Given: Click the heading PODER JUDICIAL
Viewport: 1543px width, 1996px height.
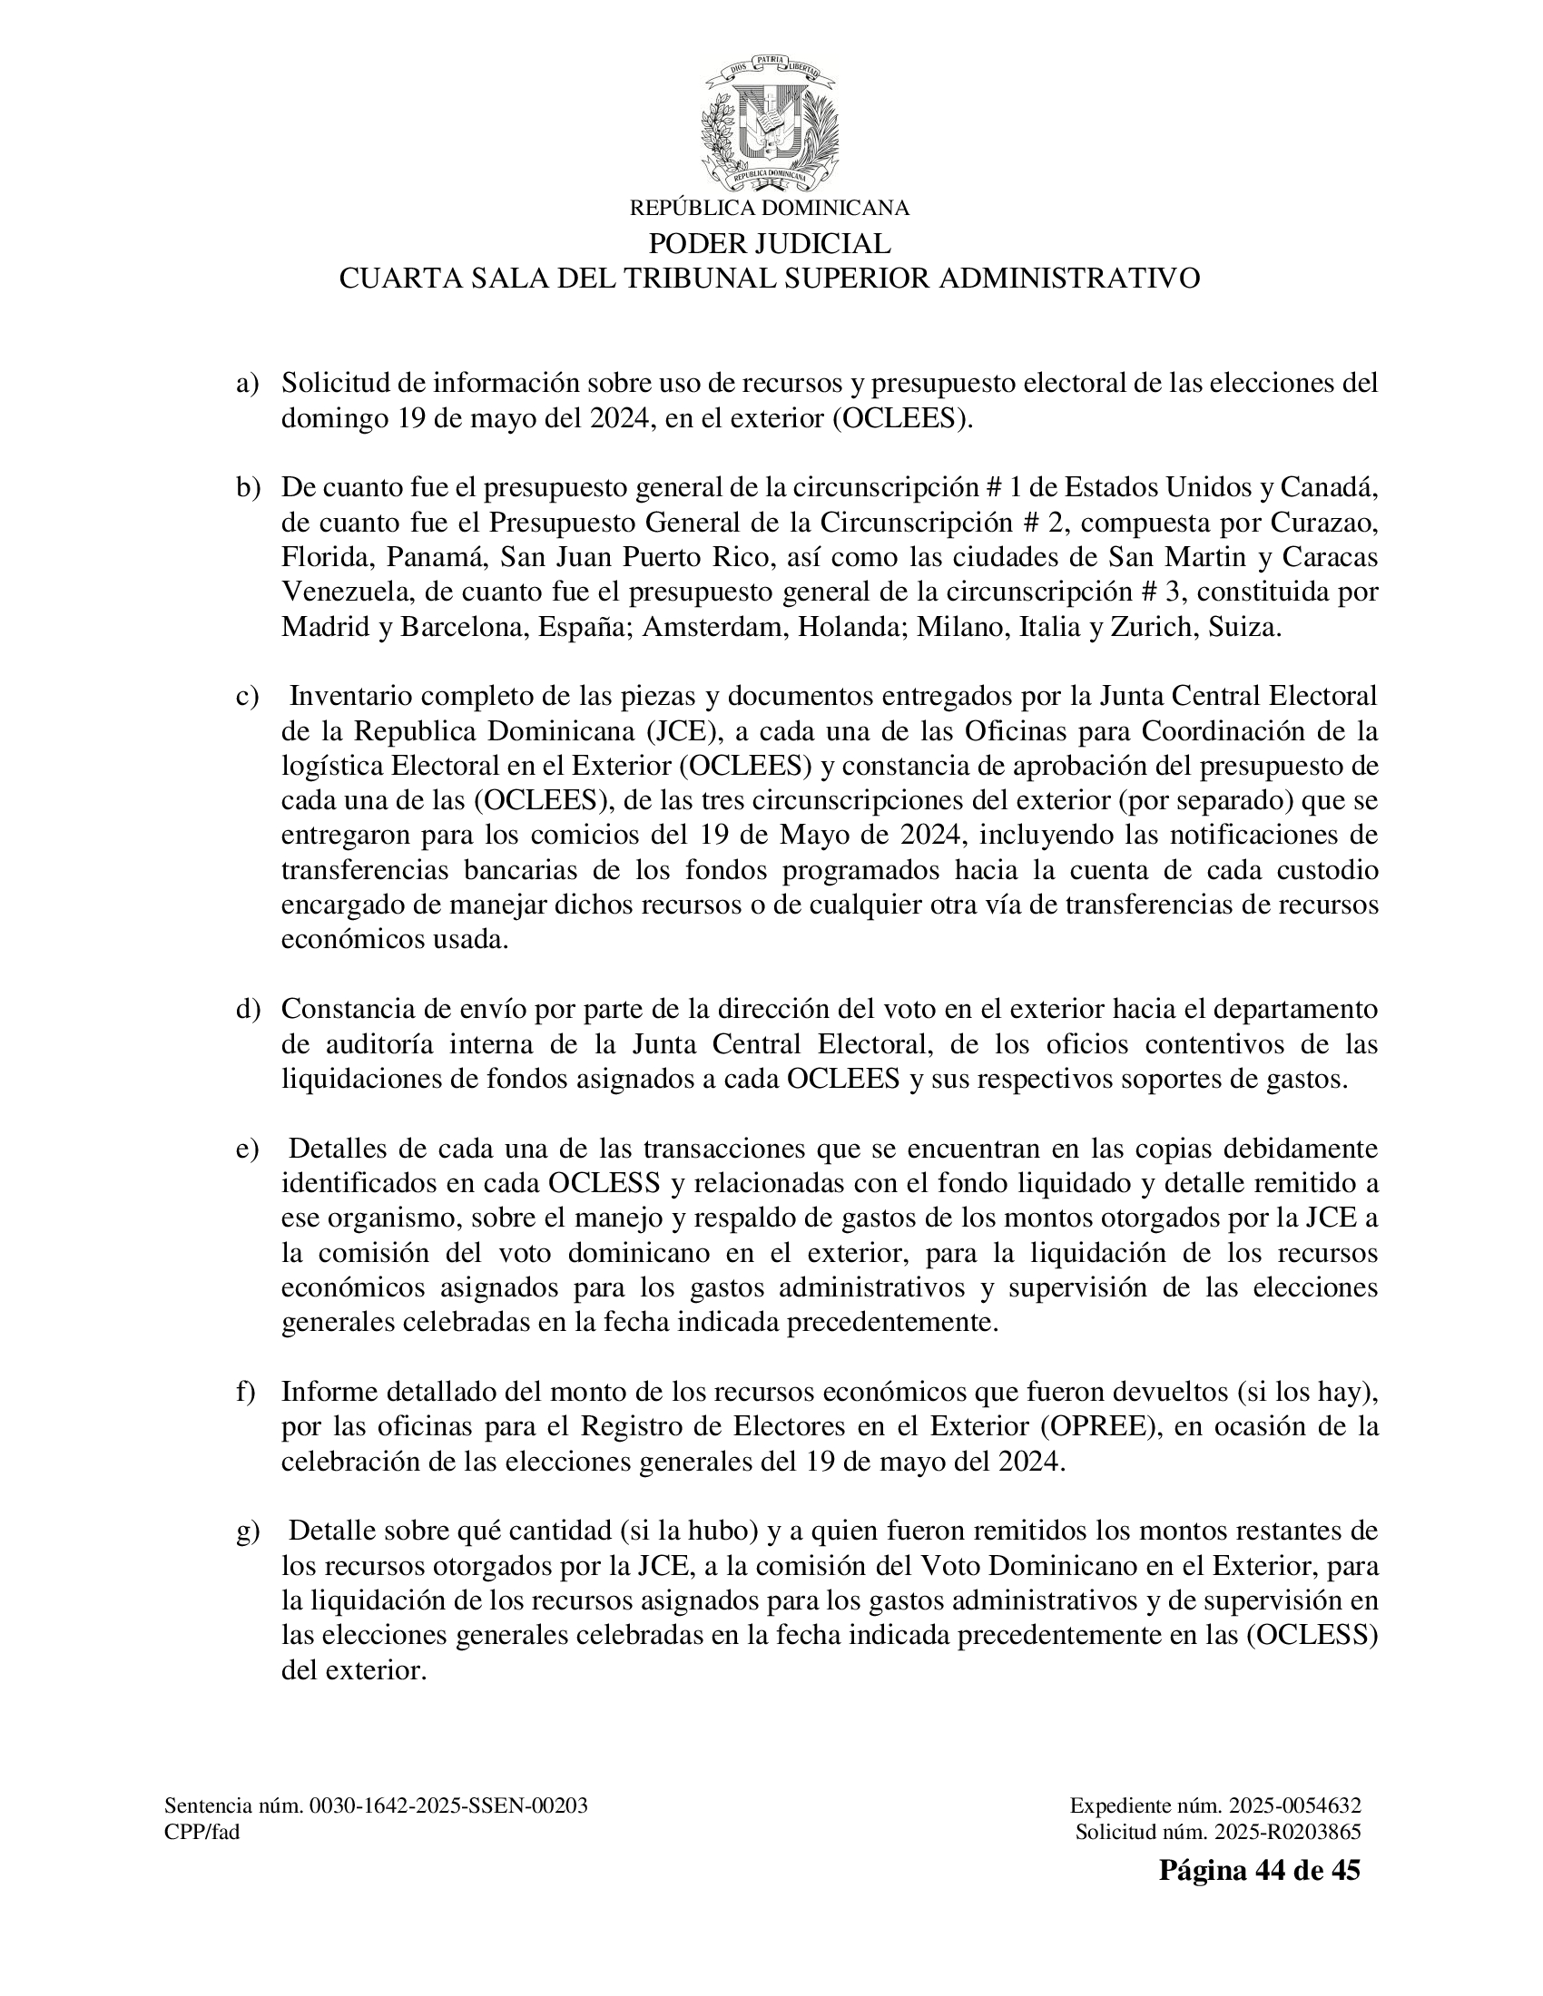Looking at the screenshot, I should pyautogui.click(x=770, y=244).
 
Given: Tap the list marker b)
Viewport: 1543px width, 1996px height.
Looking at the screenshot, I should pyautogui.click(x=248, y=488).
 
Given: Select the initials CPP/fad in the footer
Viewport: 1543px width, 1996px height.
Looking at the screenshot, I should pyautogui.click(x=202, y=1832).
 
